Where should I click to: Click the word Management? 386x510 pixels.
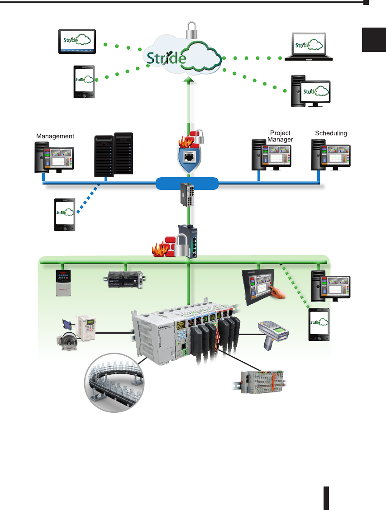(55, 136)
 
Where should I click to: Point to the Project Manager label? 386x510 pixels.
(280, 136)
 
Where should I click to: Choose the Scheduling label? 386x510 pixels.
(331, 133)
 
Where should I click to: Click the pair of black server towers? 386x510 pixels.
(114, 155)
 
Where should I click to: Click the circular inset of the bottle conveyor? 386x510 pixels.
(115, 382)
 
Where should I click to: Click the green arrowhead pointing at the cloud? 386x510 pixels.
(188, 80)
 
